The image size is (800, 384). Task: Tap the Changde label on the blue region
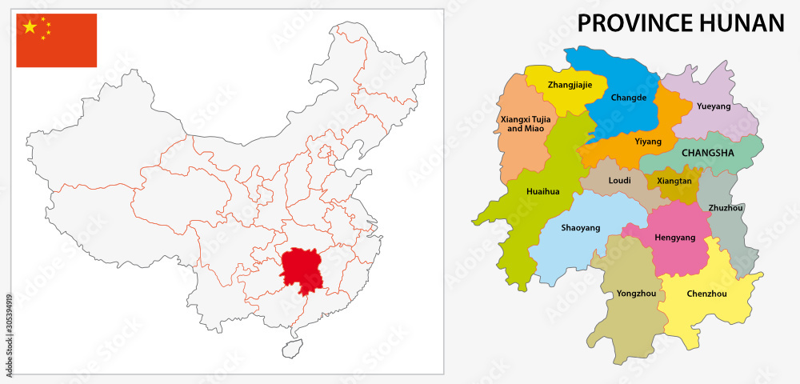point(628,98)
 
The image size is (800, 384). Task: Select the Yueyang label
point(714,106)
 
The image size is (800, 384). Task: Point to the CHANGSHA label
point(707,151)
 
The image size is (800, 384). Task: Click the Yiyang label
point(648,142)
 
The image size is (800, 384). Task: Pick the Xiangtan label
point(674,181)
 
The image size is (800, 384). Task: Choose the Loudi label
point(620,181)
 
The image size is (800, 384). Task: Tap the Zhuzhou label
point(726,208)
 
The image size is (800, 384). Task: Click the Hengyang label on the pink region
point(675,238)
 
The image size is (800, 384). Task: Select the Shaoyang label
point(580,228)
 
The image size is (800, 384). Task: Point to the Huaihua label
point(543,192)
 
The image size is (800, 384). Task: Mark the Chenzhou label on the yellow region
point(706,294)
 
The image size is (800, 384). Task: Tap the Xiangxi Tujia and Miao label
point(521,123)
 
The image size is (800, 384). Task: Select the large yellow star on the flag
point(30,27)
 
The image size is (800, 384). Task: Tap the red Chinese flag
point(57,40)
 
